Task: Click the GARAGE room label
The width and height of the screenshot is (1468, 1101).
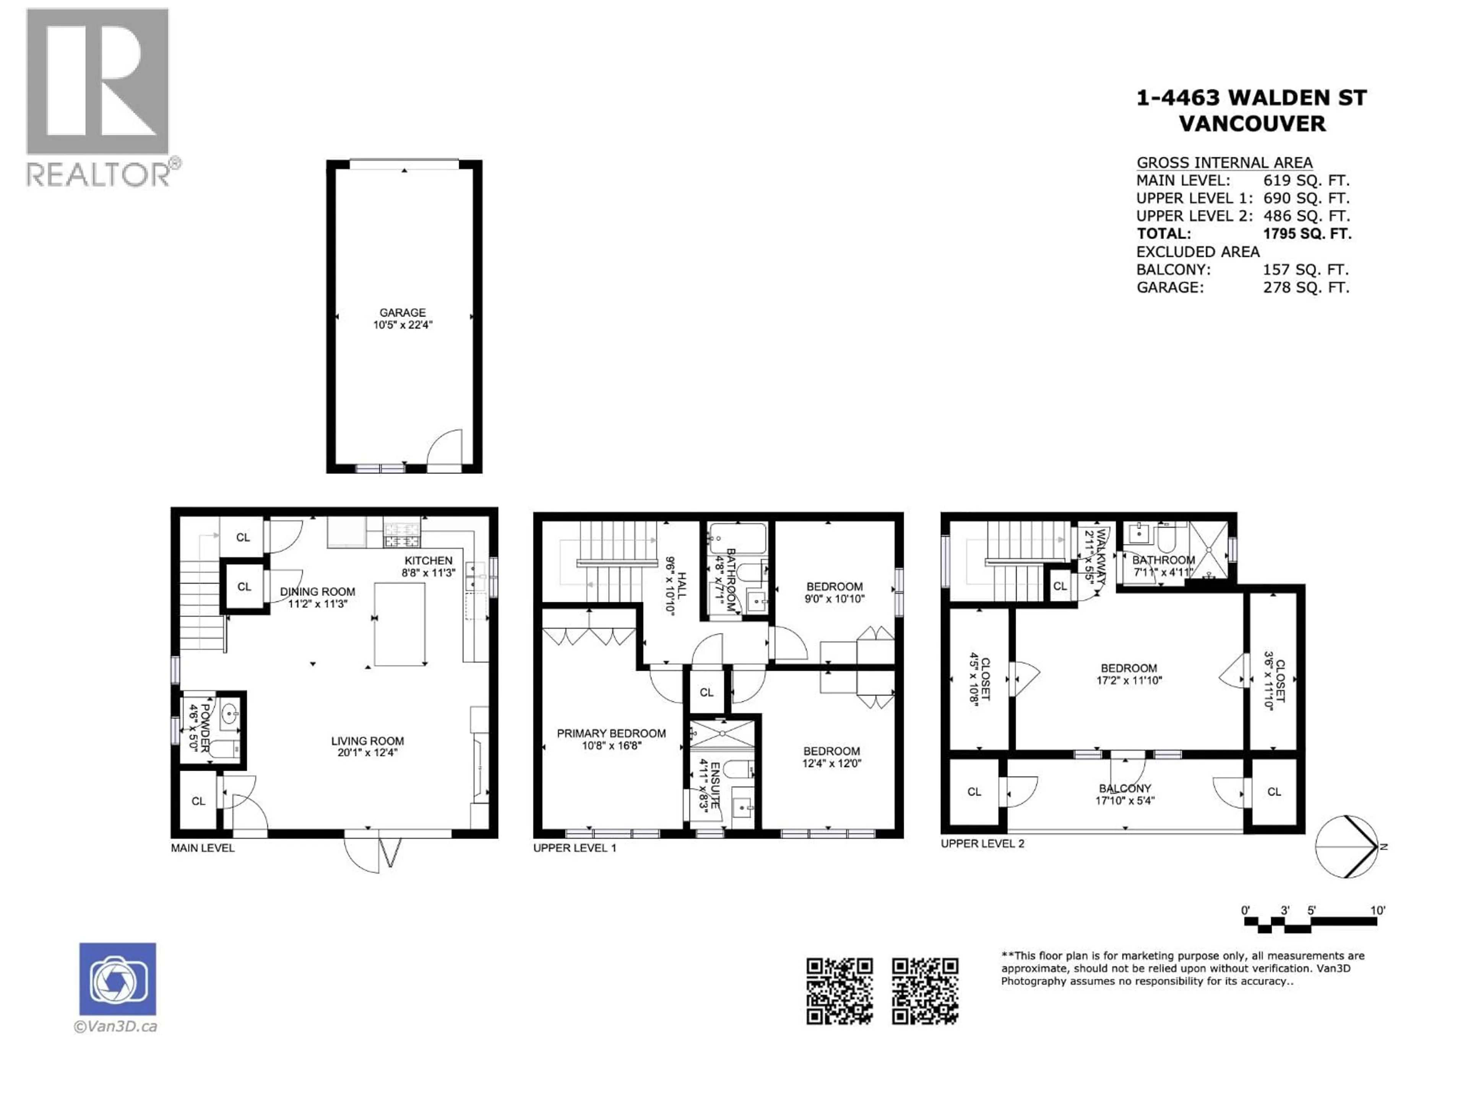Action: pyautogui.click(x=402, y=313)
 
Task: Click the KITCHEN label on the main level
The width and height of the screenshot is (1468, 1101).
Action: pyautogui.click(x=428, y=561)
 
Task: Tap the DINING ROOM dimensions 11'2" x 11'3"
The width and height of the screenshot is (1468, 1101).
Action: pyautogui.click(x=317, y=604)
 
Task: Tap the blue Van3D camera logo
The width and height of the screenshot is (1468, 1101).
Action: pyautogui.click(x=117, y=979)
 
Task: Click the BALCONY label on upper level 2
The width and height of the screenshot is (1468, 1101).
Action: pyautogui.click(x=1125, y=788)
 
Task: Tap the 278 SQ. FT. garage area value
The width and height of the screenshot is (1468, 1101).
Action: pyautogui.click(x=1306, y=287)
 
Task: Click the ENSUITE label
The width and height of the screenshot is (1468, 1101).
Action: pyautogui.click(x=715, y=785)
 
